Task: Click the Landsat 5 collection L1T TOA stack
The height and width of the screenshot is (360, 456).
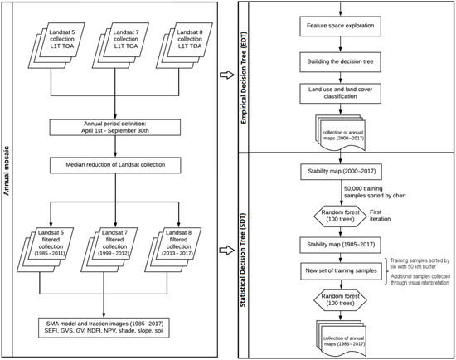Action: point(56,46)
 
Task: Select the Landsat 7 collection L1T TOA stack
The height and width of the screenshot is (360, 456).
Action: point(120,46)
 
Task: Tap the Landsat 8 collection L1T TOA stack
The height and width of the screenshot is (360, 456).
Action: point(184,46)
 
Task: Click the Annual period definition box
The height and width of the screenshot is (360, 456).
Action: point(115,127)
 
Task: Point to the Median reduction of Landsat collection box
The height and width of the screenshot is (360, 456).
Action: point(115,165)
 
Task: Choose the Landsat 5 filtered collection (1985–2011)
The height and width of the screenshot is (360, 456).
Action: point(45,250)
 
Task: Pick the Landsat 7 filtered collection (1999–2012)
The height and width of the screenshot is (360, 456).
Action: point(109,250)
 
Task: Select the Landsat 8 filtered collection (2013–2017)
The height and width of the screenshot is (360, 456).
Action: point(173,250)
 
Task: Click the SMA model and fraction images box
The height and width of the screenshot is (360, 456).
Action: point(104,328)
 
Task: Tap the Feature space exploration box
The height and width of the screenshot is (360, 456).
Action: point(340,26)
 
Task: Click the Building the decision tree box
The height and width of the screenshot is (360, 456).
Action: point(340,62)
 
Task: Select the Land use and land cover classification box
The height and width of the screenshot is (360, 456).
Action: point(340,94)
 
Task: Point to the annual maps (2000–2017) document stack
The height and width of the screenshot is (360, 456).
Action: point(340,133)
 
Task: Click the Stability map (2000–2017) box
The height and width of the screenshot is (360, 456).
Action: point(341,172)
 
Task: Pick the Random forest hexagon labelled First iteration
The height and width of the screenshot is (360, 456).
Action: point(340,216)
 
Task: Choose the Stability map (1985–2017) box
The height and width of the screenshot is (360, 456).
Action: point(341,245)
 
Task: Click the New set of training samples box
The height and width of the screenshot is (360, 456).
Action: point(341,271)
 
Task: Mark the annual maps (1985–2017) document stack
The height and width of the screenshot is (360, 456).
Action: point(341,338)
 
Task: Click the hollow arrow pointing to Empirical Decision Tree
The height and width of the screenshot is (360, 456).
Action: point(227,75)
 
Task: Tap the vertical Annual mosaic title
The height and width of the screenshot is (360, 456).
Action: point(7,171)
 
